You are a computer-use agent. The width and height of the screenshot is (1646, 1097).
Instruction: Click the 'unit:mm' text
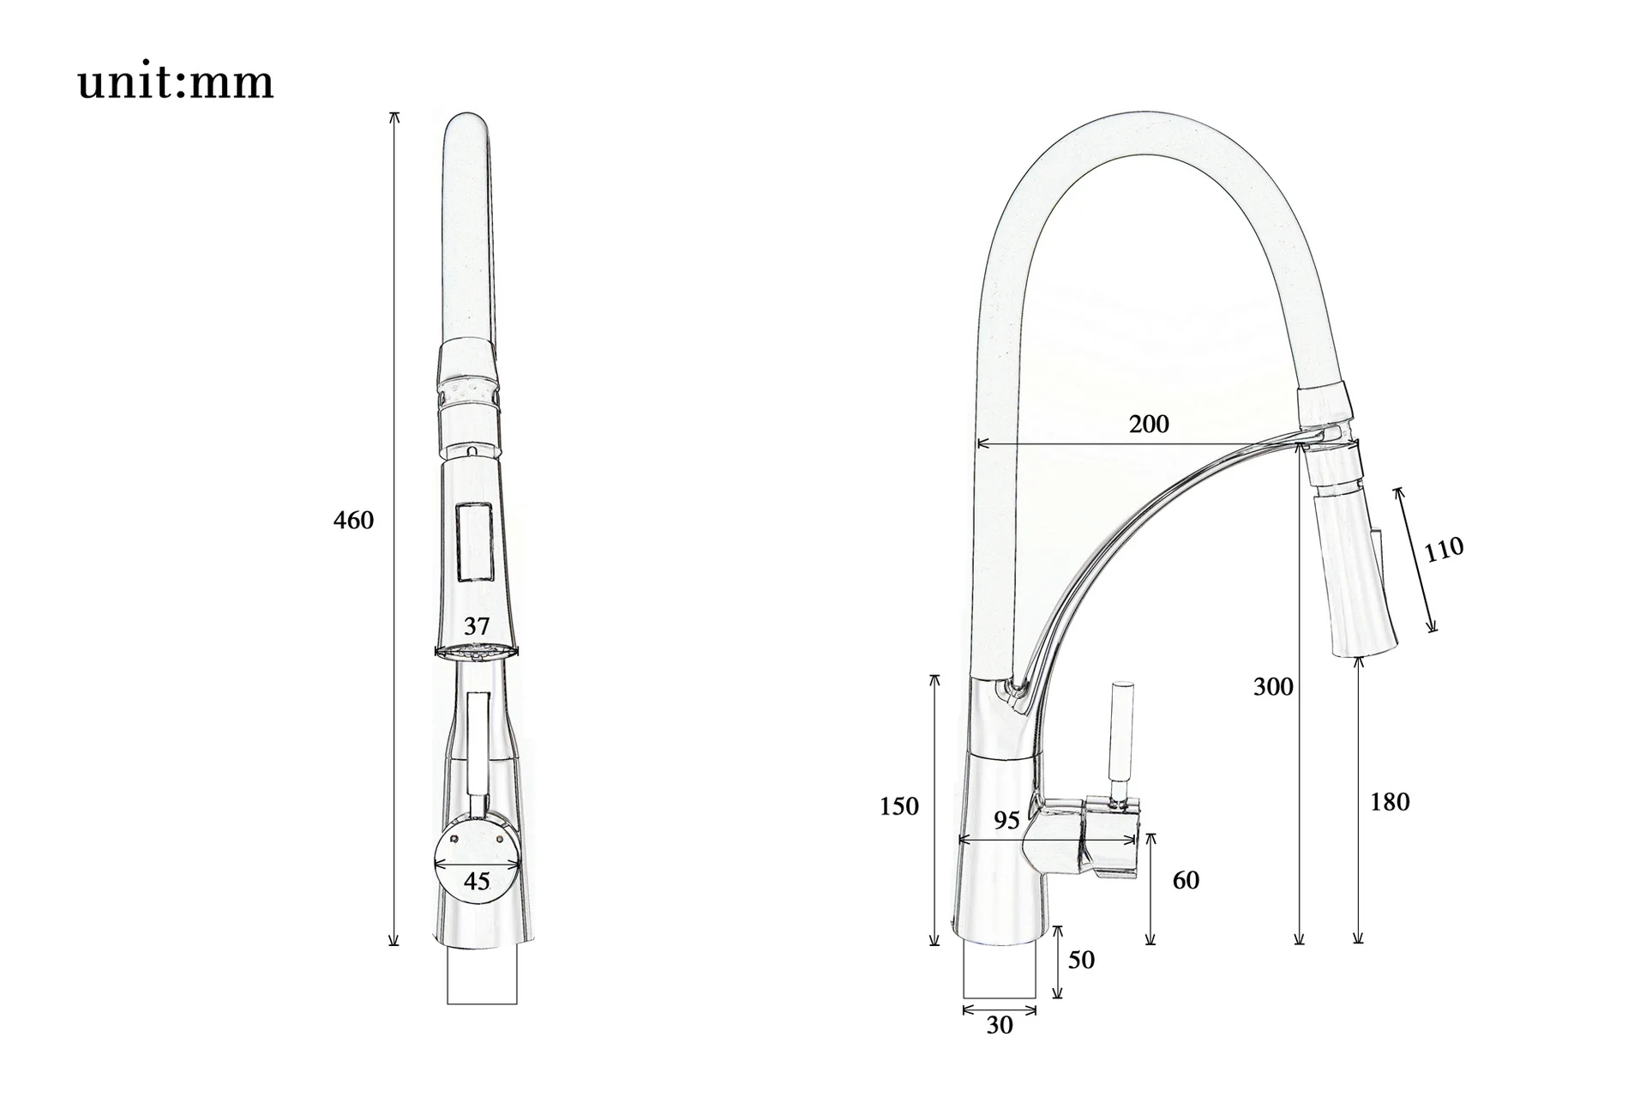tap(176, 83)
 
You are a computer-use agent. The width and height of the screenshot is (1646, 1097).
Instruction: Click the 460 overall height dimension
tap(353, 521)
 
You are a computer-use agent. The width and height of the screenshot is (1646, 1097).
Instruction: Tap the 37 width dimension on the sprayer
tap(477, 626)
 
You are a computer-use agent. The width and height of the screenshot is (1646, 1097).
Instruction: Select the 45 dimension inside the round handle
tap(477, 881)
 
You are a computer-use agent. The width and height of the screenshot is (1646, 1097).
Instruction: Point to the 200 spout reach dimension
tap(1149, 424)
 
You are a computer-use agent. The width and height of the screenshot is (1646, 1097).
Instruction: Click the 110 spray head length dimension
tap(1445, 549)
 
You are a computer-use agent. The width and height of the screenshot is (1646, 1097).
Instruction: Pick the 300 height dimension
tap(1273, 686)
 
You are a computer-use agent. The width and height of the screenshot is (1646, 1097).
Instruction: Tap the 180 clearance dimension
tap(1390, 802)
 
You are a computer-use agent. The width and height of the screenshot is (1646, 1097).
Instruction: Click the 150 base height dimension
tap(899, 806)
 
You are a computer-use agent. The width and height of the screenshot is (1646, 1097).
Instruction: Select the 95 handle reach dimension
tap(1006, 821)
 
